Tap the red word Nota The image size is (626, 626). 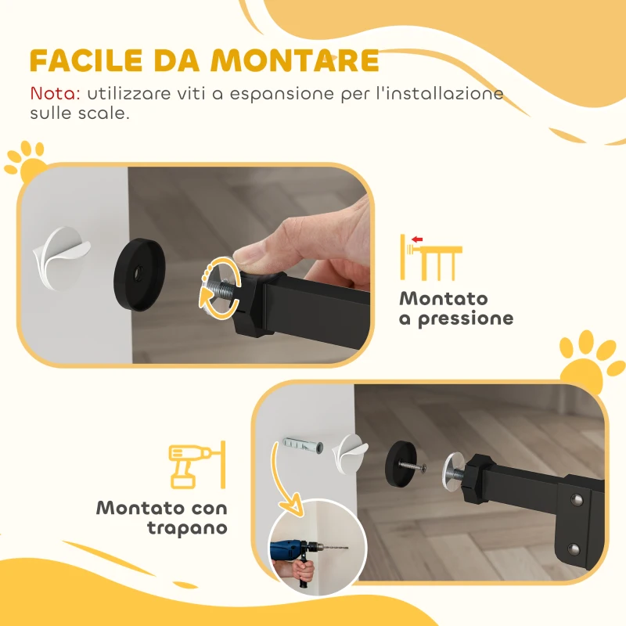pos(55,93)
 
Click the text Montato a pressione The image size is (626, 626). pos(455,308)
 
